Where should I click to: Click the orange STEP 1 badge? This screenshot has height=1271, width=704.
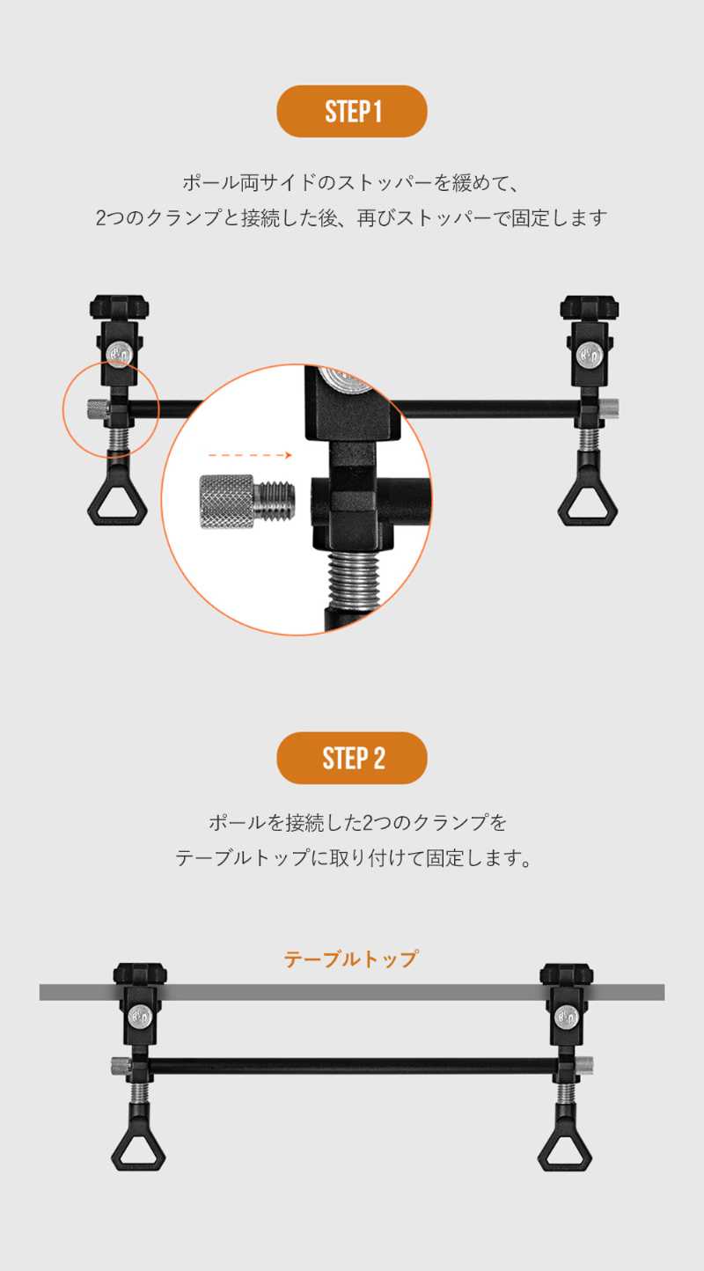pyautogui.click(x=352, y=112)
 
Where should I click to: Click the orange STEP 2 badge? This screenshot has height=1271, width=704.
pyautogui.click(x=352, y=758)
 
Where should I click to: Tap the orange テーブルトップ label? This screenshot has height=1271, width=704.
pyautogui.click(x=350, y=959)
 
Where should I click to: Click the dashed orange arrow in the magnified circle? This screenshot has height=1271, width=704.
pyautogui.click(x=252, y=456)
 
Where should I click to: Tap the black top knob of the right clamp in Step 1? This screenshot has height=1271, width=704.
pyautogui.click(x=590, y=309)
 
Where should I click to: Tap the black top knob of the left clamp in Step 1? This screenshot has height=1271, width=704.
pyautogui.click(x=119, y=309)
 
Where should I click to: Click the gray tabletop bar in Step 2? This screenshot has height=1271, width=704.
pyautogui.click(x=352, y=992)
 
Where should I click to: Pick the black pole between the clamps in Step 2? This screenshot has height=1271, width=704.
pyautogui.click(x=352, y=1065)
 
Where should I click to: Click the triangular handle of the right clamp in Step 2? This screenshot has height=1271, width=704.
pyautogui.click(x=564, y=1150)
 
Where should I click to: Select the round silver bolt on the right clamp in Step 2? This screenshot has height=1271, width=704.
pyautogui.click(x=565, y=1018)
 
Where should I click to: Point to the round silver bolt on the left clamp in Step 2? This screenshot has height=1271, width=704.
pyautogui.click(x=139, y=1018)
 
